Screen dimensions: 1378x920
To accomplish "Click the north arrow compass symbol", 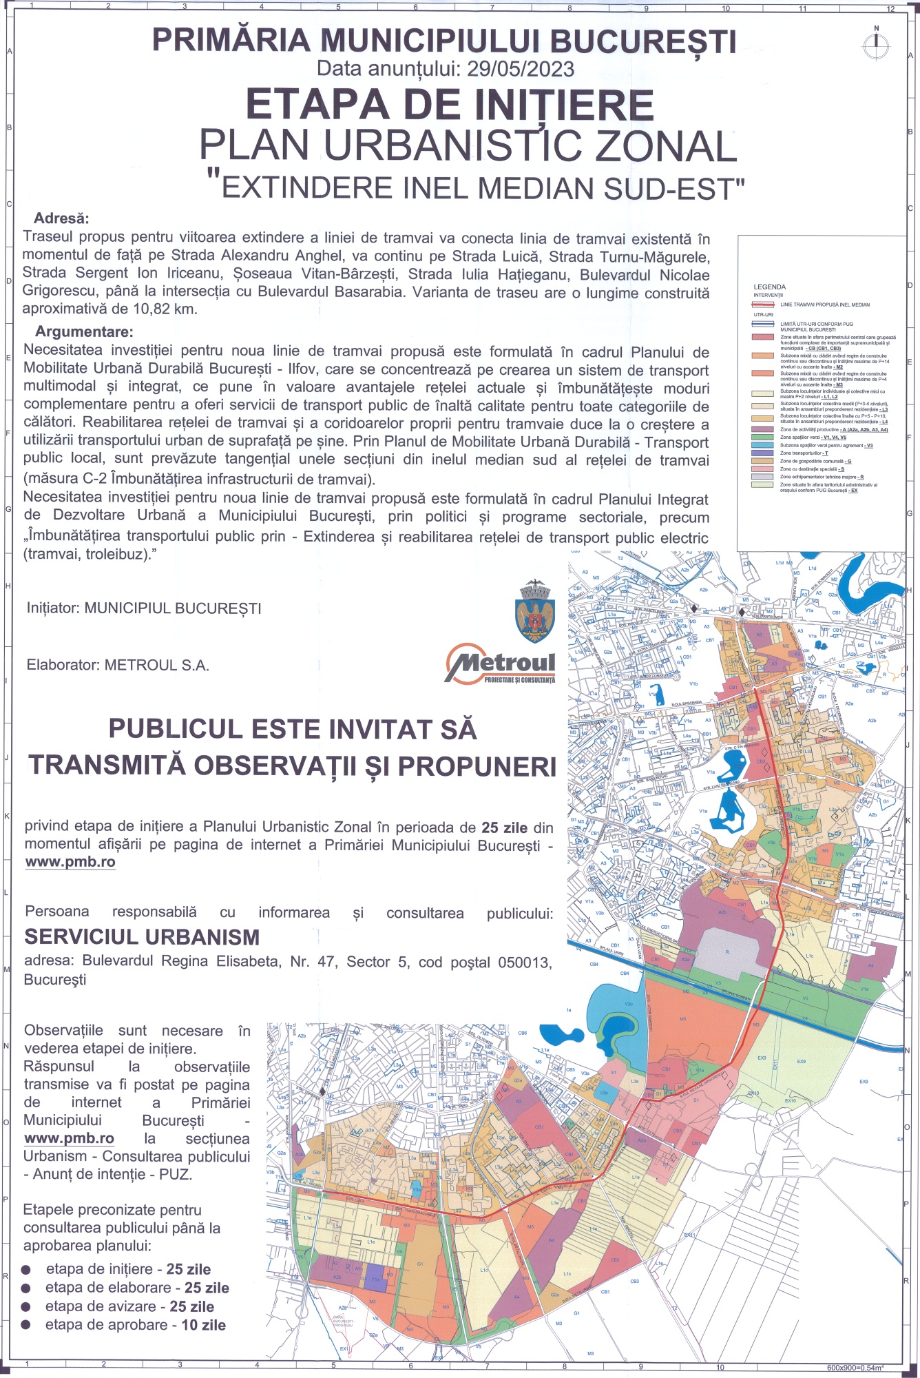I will pos(876,43).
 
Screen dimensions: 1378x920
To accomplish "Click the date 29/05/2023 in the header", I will pos(521,69).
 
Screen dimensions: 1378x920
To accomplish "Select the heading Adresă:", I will pos(62,218).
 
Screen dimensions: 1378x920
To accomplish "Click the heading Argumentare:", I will pos(84,332).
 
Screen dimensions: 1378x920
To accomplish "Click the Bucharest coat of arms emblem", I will pos(535,611).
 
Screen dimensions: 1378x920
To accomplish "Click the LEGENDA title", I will pos(769,287).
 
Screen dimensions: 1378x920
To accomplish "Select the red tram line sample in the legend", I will pos(764,304).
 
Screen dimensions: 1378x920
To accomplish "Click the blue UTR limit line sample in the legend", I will pos(764,324).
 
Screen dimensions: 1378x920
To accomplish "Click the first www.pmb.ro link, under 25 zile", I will pos(70,862).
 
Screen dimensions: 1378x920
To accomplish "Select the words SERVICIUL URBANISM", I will pos(142,937).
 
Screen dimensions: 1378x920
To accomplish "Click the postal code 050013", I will pos(524,962).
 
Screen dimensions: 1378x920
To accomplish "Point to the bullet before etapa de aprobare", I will pos(26,1325).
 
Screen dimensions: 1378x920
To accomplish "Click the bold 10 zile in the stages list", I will pos(203,1325).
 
